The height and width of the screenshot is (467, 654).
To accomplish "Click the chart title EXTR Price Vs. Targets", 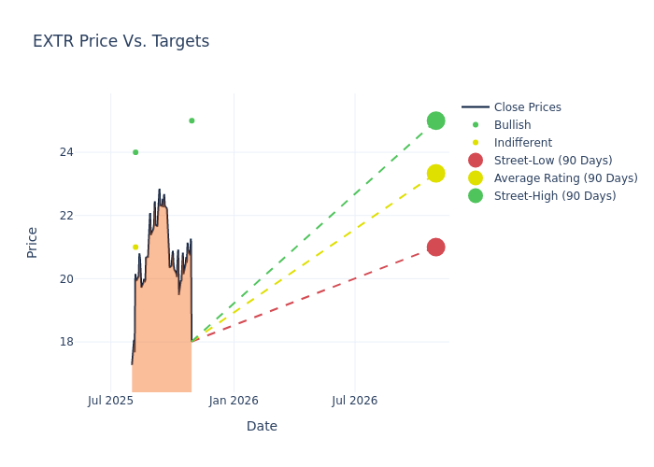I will pyautogui.click(x=121, y=41).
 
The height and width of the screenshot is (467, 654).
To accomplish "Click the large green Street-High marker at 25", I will pyautogui.click(x=435, y=120).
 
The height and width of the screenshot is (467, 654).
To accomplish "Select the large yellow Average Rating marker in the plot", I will pyautogui.click(x=435, y=174).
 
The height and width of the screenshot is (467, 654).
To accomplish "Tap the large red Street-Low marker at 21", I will pyautogui.click(x=435, y=247).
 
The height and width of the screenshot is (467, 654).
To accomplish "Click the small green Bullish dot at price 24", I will pyautogui.click(x=135, y=152).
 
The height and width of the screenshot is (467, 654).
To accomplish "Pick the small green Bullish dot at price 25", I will pyautogui.click(x=192, y=120).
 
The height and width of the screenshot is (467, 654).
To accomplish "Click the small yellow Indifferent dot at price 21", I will pyautogui.click(x=135, y=248).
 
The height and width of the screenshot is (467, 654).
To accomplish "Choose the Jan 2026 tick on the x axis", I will pyautogui.click(x=234, y=401).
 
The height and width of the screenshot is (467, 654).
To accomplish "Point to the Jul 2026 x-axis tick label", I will pyautogui.click(x=355, y=401).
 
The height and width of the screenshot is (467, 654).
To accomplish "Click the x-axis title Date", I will pyautogui.click(x=262, y=426).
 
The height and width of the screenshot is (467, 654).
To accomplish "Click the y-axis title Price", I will pyautogui.click(x=33, y=242).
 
